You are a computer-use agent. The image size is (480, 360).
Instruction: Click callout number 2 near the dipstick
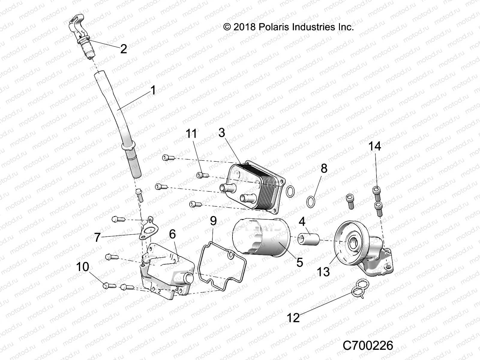[x=123, y=49]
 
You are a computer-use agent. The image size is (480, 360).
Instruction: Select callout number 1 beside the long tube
[x=153, y=90]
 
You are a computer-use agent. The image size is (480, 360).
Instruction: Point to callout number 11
[x=191, y=133]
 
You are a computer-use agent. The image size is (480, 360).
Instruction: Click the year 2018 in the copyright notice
[x=244, y=27]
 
